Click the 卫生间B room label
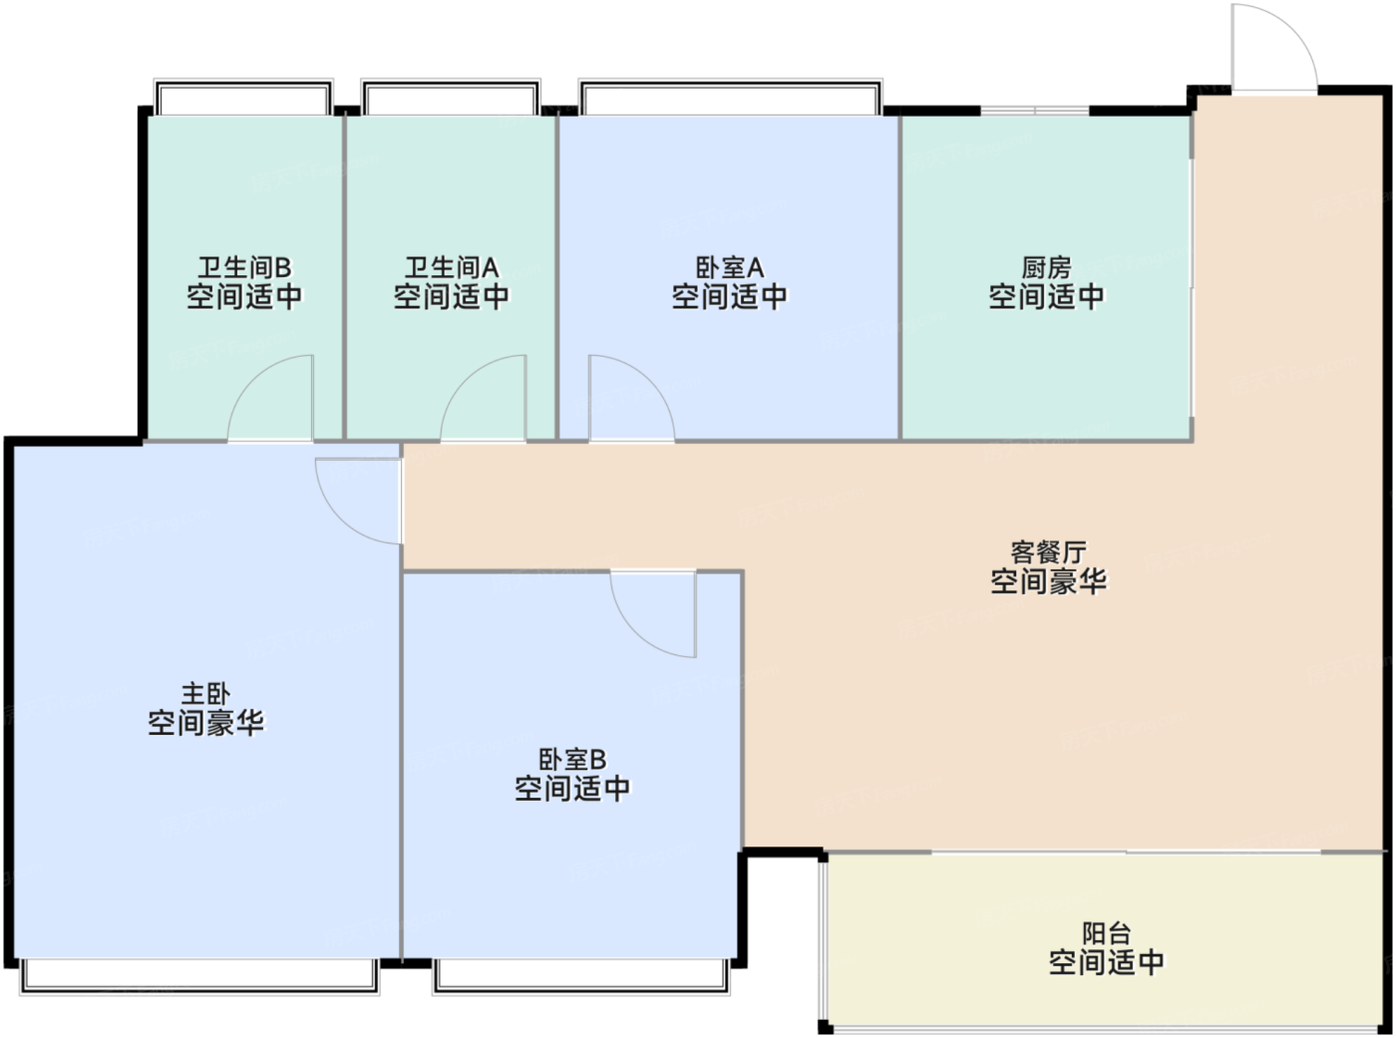coord(244,267)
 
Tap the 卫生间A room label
coord(451,267)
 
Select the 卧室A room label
coord(729,267)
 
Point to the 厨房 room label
coord(1046,267)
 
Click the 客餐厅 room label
coord(1048,551)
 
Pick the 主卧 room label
coord(205,693)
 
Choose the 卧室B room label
coord(572,760)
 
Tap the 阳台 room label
coord(1106,933)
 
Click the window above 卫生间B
coord(243,99)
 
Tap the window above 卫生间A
coord(451,99)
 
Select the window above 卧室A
coord(730,99)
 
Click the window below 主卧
coord(199,975)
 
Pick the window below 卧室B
coord(581,975)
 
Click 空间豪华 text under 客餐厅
coord(1048,581)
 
